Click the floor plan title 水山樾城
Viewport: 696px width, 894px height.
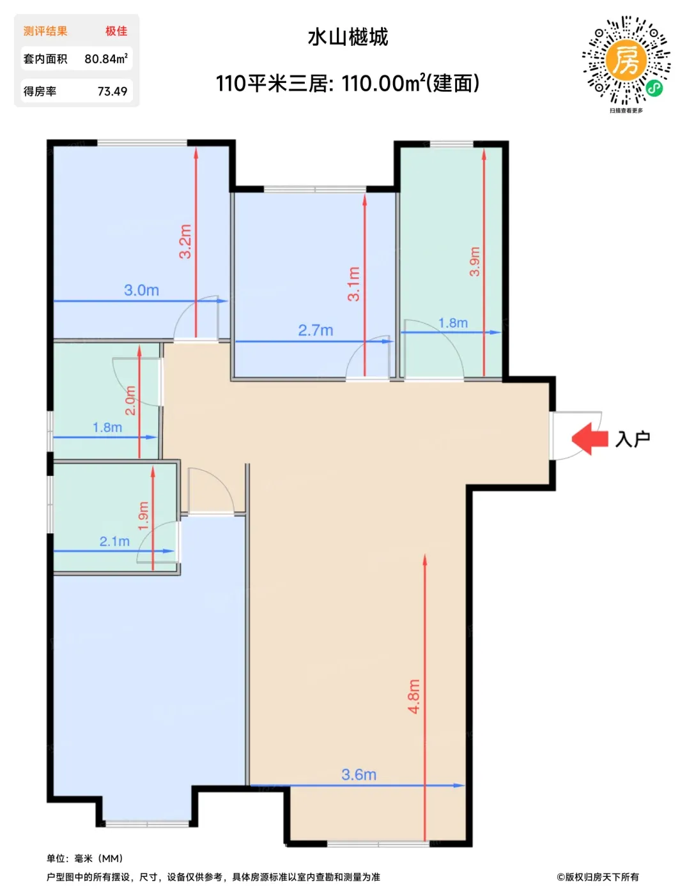click(x=348, y=37)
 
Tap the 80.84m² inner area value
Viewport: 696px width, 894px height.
click(x=106, y=59)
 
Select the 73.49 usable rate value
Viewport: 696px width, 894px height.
click(x=112, y=91)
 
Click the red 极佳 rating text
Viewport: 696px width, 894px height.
click(x=116, y=31)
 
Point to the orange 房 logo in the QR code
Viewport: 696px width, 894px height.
click(x=625, y=59)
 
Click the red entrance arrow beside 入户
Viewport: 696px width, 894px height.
click(x=590, y=439)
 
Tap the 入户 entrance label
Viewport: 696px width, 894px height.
click(x=633, y=439)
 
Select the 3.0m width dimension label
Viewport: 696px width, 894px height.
click(x=142, y=291)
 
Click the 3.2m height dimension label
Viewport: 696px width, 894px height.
click(x=185, y=241)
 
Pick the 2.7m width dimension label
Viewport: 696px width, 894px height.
click(x=315, y=330)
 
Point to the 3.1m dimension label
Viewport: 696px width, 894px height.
click(x=354, y=284)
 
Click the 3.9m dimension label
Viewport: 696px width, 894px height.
click(x=475, y=262)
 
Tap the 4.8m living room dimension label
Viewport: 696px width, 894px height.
click(x=414, y=696)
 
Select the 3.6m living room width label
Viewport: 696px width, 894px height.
click(x=359, y=775)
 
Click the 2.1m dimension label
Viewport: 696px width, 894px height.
click(x=114, y=542)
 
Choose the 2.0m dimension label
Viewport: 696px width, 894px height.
click(x=130, y=400)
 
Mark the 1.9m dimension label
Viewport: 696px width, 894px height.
click(x=143, y=516)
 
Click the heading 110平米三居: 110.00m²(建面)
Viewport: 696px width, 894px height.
click(x=348, y=83)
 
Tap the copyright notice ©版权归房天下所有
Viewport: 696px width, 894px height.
click(x=598, y=877)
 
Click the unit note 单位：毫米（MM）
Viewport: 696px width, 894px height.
click(x=85, y=859)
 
